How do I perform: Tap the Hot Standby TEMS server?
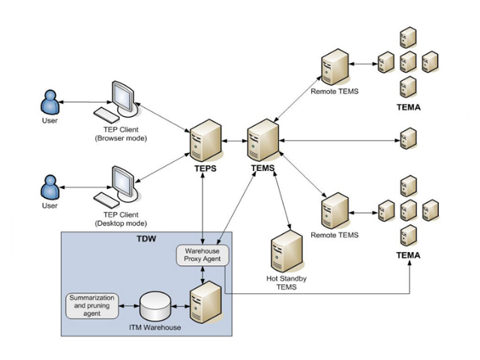click(286, 250)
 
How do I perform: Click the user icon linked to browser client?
click(50, 103)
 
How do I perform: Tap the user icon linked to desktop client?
click(50, 187)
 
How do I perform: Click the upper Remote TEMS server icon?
click(334, 67)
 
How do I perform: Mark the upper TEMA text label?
click(408, 107)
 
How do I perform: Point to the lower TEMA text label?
click(408, 256)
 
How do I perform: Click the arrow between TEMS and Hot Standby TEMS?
click(281, 198)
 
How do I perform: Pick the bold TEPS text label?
click(203, 169)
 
